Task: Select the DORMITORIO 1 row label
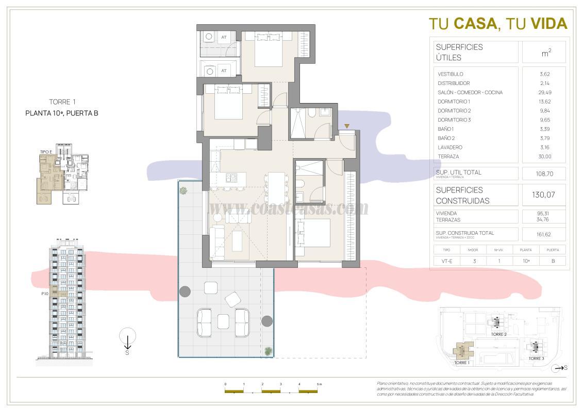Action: pyautogui.click(x=454, y=101)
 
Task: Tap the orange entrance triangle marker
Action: pyautogui.click(x=347, y=126)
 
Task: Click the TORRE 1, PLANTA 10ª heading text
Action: pyautogui.click(x=62, y=108)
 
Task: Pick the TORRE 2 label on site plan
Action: pyautogui.click(x=498, y=334)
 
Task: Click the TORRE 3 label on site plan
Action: pyautogui.click(x=536, y=358)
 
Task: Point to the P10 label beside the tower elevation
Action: pyautogui.click(x=45, y=294)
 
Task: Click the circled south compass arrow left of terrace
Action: pyautogui.click(x=127, y=338)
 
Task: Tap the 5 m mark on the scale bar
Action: pyautogui.click(x=319, y=384)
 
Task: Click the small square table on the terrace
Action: pyautogui.click(x=223, y=321)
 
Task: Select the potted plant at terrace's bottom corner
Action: pyautogui.click(x=268, y=351)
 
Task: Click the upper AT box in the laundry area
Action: pyautogui.click(x=224, y=37)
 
